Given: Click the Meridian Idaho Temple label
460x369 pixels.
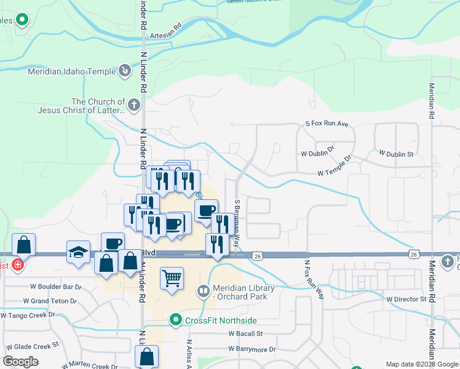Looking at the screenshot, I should (72, 71).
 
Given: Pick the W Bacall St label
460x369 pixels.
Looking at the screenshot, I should (245, 333).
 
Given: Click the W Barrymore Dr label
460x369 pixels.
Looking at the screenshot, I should (252, 349).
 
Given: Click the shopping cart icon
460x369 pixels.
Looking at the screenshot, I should (172, 278).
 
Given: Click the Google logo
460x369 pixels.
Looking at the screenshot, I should (21, 362).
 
